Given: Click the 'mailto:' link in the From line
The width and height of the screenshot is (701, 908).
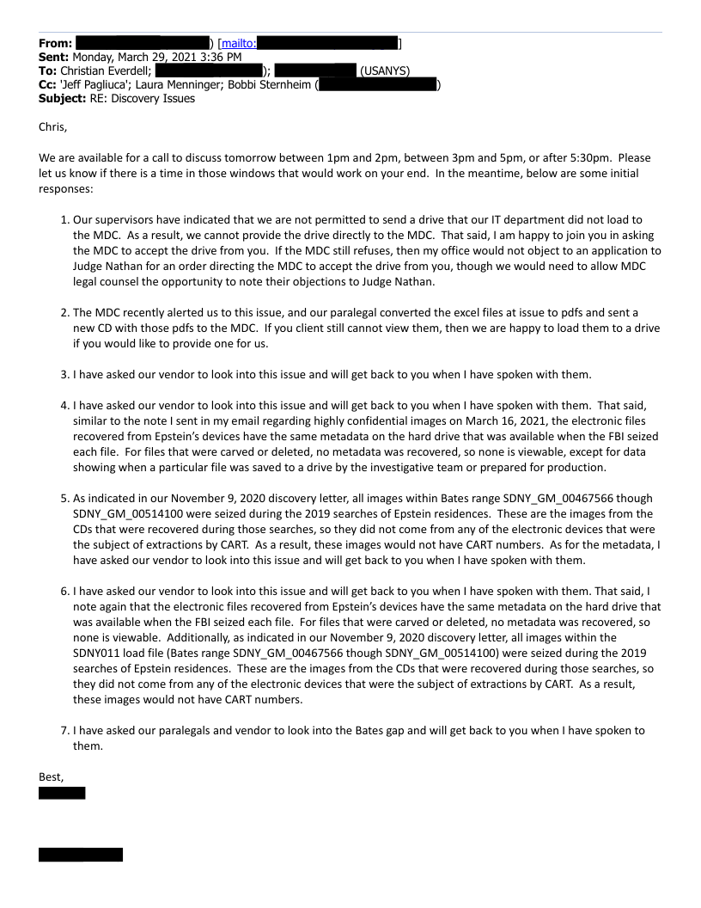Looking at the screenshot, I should point(239,43).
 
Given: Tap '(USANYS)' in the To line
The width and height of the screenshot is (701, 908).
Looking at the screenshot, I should point(384,71).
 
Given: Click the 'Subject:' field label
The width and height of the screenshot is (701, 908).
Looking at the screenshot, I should point(62,98).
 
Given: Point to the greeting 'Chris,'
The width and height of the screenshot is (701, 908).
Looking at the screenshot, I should point(52,127).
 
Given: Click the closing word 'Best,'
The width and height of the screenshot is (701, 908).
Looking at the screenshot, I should point(52,776).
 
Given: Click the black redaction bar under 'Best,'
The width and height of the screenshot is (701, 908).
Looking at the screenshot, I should point(62,793).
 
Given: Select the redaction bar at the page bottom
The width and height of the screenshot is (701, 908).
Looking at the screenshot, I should point(81,855).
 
